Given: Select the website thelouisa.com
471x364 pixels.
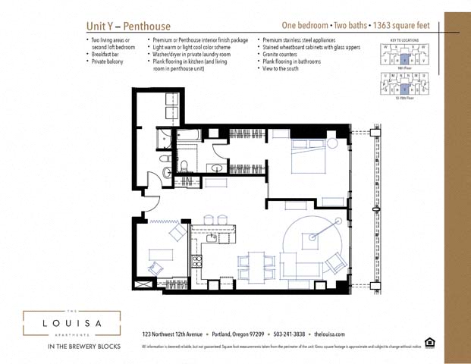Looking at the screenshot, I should point(329,334).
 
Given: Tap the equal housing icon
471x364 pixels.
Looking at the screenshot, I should point(430,343).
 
